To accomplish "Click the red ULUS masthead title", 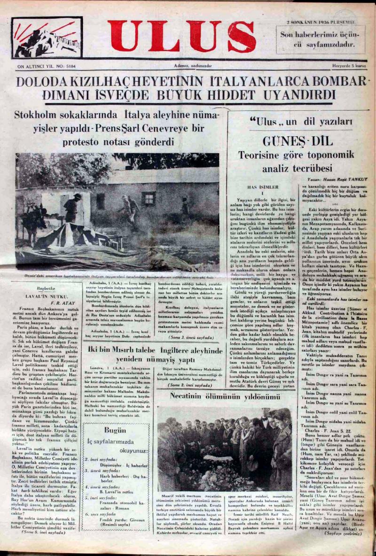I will coord(181,37).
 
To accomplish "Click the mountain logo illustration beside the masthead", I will coord(47,38).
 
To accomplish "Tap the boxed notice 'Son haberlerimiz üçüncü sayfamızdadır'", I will coord(320,39).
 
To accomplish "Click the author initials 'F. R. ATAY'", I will coord(55,303).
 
